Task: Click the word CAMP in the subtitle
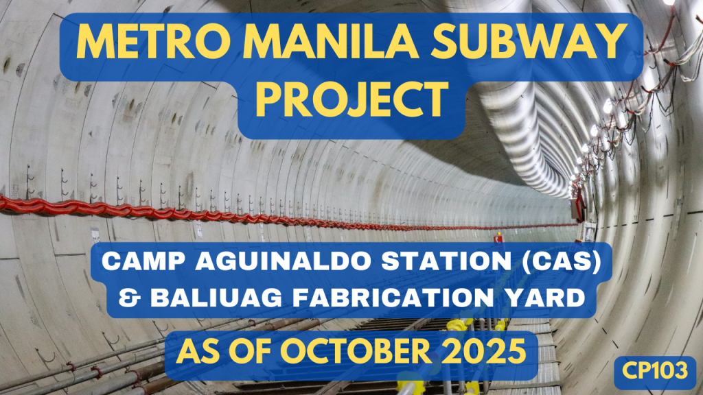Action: [x=134, y=264]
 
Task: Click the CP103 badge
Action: [x=656, y=372]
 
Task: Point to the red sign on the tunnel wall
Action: [x=499, y=237]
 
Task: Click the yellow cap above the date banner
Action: [x=456, y=323]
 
